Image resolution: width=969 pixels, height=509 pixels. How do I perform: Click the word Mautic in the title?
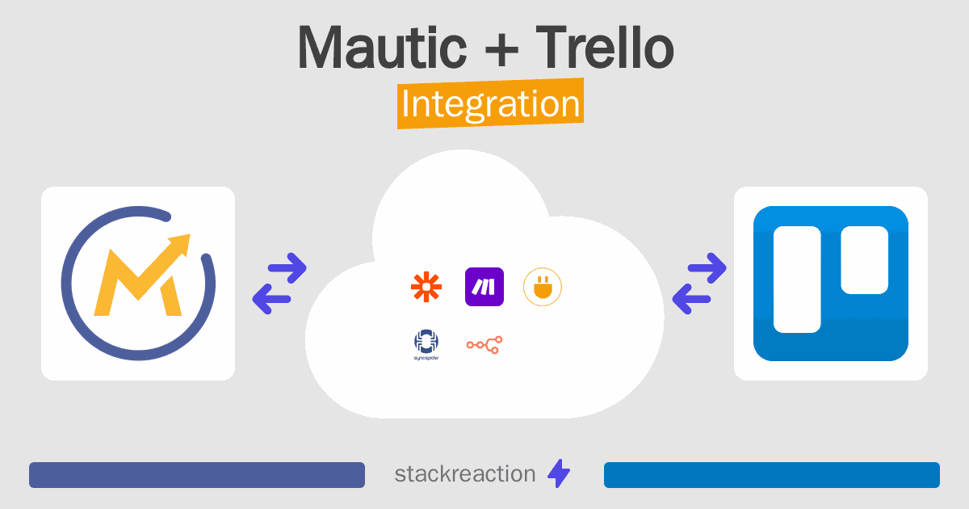pos(383,47)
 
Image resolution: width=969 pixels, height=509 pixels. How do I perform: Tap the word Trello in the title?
pos(605,47)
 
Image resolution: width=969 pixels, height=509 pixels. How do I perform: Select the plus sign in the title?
pos(501,49)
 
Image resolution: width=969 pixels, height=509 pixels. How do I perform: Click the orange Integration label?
pos(491,103)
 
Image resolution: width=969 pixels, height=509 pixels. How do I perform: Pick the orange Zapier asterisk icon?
pos(426,287)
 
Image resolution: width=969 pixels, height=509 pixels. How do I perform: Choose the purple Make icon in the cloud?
pos(484,287)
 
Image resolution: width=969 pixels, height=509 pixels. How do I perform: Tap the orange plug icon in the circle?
pos(543,287)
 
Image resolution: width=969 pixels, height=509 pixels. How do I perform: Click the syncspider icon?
pos(426,344)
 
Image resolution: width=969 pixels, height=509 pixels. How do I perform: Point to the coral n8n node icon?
pos(484,345)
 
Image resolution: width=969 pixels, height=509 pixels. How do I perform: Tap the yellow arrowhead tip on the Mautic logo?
pos(190,234)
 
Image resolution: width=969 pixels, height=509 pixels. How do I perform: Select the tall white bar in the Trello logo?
pos(797,280)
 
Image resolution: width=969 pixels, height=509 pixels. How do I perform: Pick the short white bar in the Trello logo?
pos(864,259)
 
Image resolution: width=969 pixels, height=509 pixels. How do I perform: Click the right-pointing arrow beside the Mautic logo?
pos(287,268)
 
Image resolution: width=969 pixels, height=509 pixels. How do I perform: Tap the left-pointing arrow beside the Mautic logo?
pos(271,299)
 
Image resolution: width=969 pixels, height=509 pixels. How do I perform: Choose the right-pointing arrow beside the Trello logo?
pos(707,268)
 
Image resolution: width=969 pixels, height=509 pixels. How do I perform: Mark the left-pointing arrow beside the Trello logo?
pos(691,299)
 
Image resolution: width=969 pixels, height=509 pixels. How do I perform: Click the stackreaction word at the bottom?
pos(465,473)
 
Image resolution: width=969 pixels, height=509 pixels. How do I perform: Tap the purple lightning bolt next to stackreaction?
pos(559,473)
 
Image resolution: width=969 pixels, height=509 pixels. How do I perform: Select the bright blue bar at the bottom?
pos(772,475)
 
